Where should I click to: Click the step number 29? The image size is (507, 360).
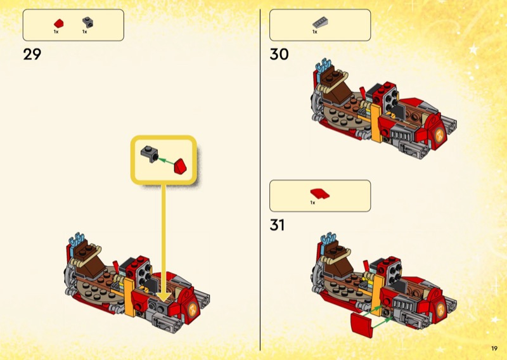point(32,55)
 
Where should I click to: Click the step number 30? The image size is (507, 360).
point(279,55)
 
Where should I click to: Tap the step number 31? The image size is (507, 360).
point(277,225)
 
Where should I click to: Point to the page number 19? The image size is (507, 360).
point(494,348)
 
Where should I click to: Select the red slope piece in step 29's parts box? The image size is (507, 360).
point(58,23)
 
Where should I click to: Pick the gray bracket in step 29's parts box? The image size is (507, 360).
point(87,22)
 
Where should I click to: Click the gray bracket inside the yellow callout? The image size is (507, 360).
point(149,152)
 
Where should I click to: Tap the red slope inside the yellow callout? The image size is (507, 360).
point(183,165)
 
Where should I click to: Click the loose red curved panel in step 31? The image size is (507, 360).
point(359,328)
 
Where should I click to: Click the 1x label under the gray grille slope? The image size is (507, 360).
point(314,32)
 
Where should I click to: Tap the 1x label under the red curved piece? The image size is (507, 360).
point(312,203)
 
